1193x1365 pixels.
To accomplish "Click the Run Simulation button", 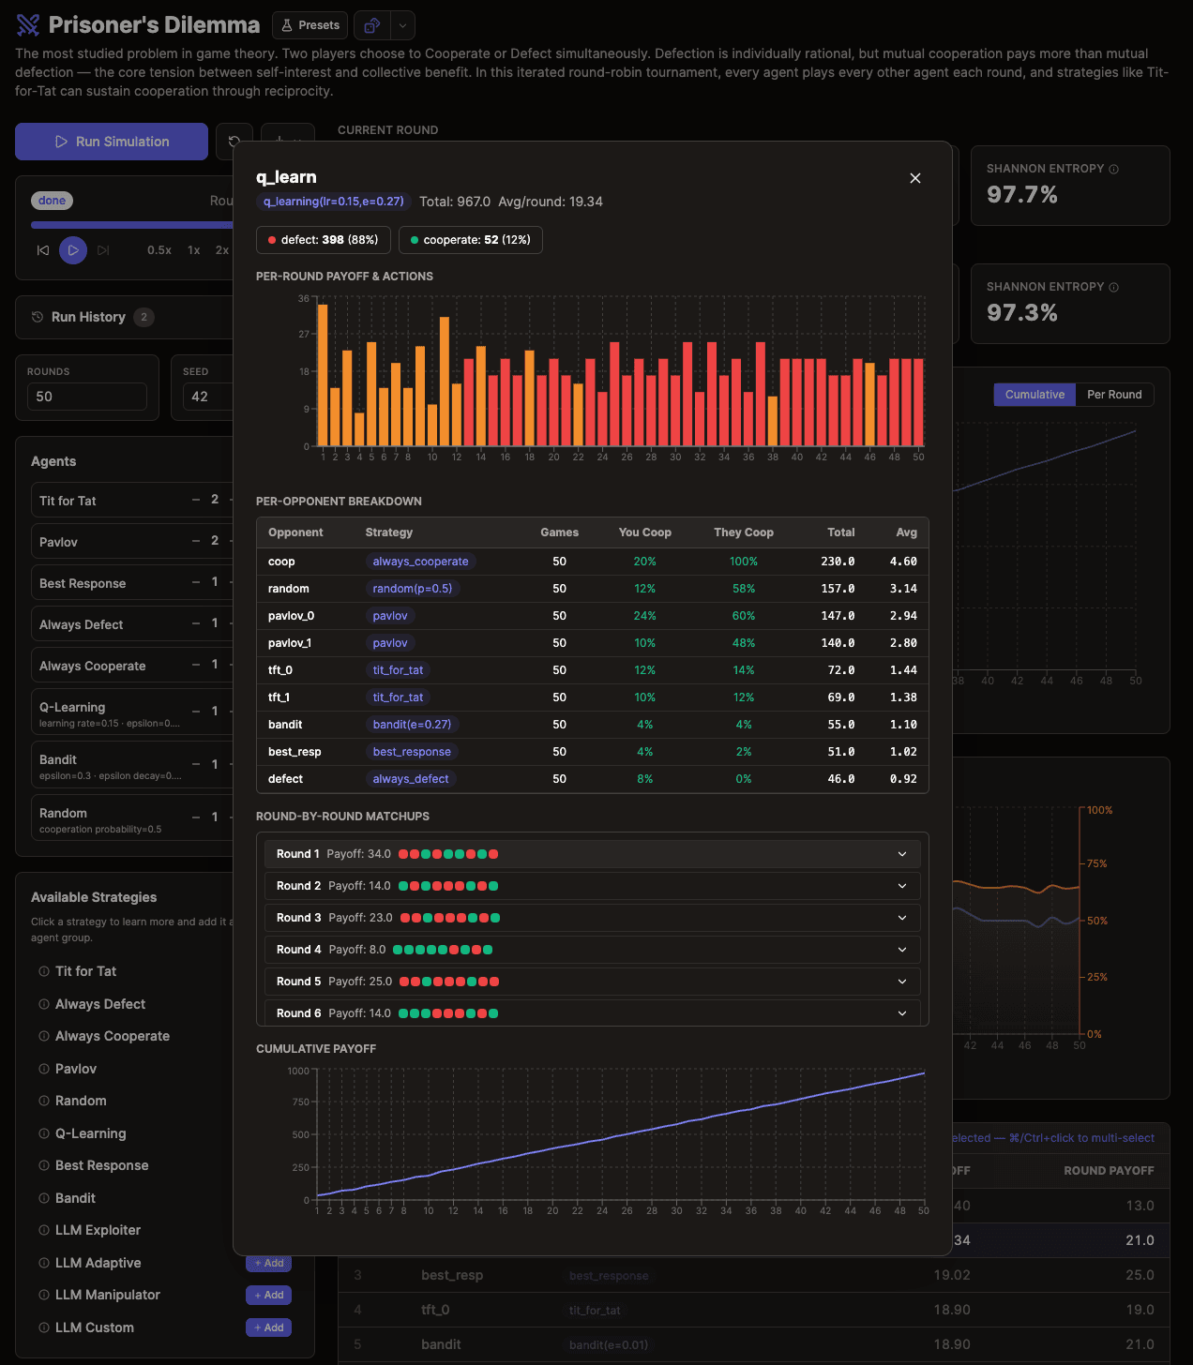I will [112, 142].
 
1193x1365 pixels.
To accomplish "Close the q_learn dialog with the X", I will [915, 178].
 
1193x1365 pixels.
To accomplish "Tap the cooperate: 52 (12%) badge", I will [470, 240].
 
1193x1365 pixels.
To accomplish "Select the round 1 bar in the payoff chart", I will [323, 375].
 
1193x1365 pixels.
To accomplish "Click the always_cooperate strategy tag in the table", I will [420, 562].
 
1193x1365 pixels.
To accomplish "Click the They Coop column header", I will [743, 532].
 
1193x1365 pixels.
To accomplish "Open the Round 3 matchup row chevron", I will [901, 918].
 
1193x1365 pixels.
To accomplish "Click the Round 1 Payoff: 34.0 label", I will [333, 854].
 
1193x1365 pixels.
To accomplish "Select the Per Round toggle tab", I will [1114, 395].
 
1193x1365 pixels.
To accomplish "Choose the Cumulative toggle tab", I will [1034, 395].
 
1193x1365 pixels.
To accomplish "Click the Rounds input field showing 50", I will [86, 397].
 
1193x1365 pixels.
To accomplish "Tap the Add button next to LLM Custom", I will [268, 1327].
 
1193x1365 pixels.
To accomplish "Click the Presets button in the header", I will [310, 25].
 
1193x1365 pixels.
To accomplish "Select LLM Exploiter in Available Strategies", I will [98, 1230].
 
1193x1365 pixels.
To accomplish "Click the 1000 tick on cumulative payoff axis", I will [298, 1071].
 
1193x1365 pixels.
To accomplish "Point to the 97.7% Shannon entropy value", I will [1021, 195].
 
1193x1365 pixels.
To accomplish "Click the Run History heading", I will [88, 317].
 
